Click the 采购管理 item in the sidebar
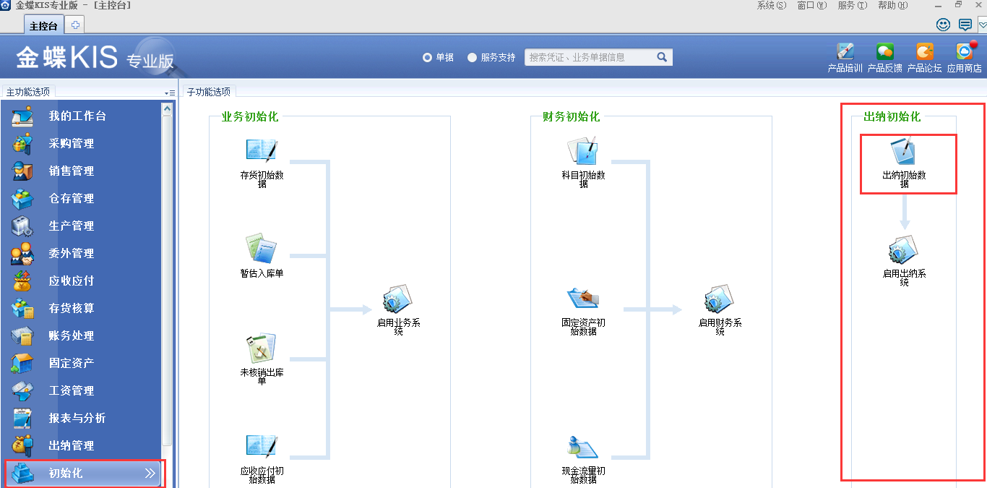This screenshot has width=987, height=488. [x=71, y=143]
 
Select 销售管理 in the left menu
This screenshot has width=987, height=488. [x=71, y=171]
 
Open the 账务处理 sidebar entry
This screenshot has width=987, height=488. [x=71, y=335]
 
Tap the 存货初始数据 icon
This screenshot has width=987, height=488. [x=262, y=150]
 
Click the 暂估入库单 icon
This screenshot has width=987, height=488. [x=261, y=249]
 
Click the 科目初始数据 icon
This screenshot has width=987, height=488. [x=583, y=150]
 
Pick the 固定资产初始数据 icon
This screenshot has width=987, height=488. [x=583, y=298]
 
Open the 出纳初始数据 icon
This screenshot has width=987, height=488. [x=904, y=151]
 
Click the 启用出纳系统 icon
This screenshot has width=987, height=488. [x=904, y=251]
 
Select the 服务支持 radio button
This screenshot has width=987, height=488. [x=473, y=57]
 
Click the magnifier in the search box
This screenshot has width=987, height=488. [x=662, y=57]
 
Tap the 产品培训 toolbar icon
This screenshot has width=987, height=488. [x=845, y=52]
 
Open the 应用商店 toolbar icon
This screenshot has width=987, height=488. [x=964, y=52]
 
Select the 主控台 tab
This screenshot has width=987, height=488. [x=43, y=25]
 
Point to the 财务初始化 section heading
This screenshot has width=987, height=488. [x=571, y=116]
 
